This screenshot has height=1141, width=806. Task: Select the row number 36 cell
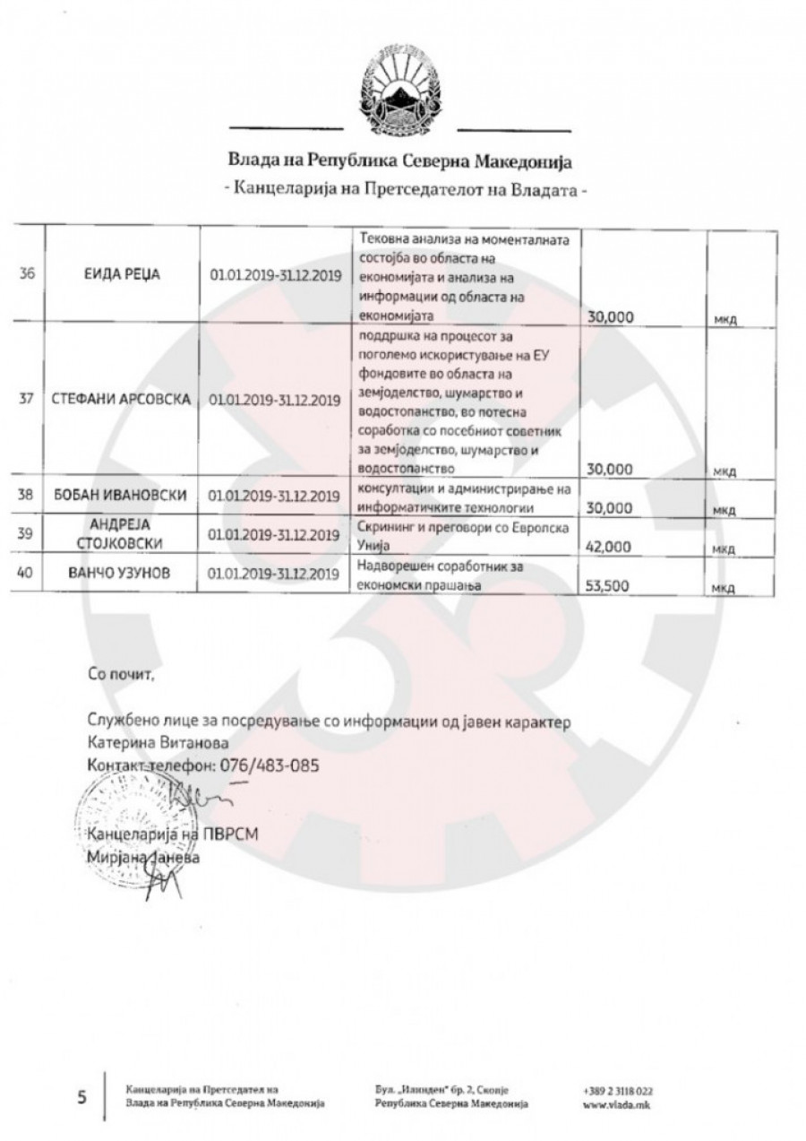tap(26, 275)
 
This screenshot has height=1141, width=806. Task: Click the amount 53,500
tap(607, 588)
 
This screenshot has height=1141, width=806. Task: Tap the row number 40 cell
tap(26, 575)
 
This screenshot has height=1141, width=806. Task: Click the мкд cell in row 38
tap(724, 509)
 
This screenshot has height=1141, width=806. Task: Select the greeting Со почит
tap(121, 673)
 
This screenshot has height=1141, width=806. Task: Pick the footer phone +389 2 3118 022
tap(617, 1091)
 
